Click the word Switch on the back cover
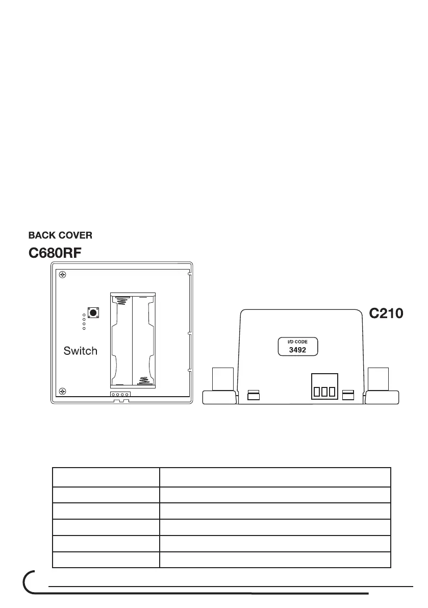(x=80, y=351)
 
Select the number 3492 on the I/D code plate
(x=298, y=350)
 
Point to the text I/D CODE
(x=298, y=341)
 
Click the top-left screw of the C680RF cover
(x=63, y=275)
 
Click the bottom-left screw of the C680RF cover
(x=63, y=391)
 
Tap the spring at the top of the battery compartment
(x=121, y=301)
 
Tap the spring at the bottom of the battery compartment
(x=143, y=380)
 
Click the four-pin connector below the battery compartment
(x=120, y=394)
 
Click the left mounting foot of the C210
(x=220, y=388)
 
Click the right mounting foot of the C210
(x=383, y=388)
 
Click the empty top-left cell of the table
(x=106, y=477)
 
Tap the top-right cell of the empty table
(x=275, y=477)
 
